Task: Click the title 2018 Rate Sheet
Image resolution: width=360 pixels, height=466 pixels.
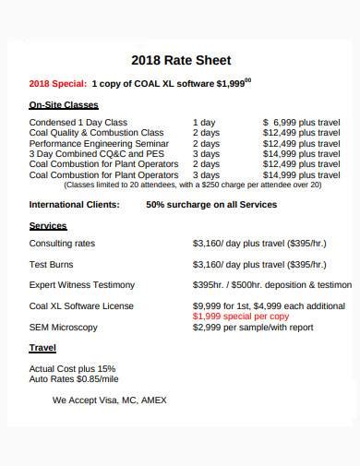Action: point(179,62)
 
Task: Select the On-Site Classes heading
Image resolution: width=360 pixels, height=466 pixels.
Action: point(64,105)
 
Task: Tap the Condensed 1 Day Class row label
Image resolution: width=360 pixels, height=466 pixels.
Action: point(78,122)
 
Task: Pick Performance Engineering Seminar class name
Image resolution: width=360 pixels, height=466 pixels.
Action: point(99,144)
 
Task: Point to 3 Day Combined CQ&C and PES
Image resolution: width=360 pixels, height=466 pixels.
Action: point(95,154)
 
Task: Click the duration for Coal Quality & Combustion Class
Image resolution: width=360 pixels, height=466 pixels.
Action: point(206,133)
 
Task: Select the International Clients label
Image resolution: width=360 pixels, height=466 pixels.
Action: point(74,204)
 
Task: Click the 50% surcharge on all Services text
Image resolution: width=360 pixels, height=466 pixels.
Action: point(211,204)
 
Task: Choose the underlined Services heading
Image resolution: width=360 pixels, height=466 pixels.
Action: point(48,225)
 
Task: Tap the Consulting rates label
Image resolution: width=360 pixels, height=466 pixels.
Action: point(63,244)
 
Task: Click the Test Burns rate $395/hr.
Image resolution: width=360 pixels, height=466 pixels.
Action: point(211,264)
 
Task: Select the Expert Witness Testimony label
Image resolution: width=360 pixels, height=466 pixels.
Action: point(82,284)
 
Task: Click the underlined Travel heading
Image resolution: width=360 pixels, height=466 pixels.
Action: point(42,349)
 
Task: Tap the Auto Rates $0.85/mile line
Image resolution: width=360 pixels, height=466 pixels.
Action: point(74,378)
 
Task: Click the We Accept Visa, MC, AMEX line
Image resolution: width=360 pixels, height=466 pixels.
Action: point(109,400)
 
